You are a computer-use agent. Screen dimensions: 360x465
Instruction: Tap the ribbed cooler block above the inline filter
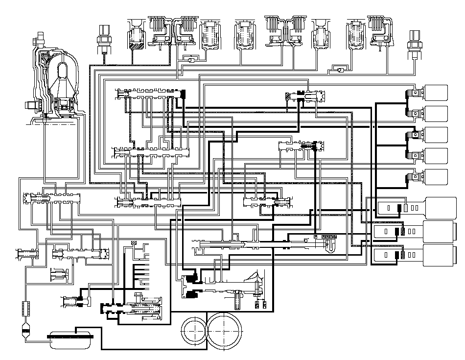(25, 310)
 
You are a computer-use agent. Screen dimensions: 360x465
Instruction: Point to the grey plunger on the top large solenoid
(405, 207)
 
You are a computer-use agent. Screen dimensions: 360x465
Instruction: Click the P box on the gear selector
(316, 237)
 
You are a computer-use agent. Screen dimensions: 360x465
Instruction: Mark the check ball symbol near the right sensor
(337, 71)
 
